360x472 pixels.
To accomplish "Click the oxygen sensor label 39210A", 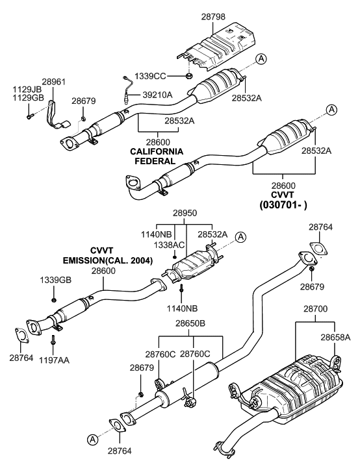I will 157,95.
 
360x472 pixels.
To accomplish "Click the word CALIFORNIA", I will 157,151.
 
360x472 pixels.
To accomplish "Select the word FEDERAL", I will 157,160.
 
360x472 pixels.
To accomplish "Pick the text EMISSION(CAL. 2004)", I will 107,260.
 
